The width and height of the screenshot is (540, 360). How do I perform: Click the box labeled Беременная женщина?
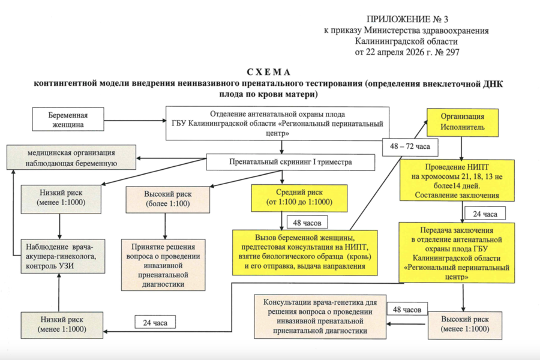(74, 120)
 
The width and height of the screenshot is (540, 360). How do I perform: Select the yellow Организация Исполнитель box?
(462, 122)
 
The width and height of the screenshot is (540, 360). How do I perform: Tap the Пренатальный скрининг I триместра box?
(290, 162)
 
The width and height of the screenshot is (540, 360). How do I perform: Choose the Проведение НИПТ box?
(460, 179)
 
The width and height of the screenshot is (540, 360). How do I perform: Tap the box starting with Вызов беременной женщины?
(305, 252)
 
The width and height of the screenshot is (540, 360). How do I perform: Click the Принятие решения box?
(163, 264)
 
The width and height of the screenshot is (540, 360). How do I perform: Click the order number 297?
(451, 52)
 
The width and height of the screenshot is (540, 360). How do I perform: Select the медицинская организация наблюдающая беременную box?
(71, 158)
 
